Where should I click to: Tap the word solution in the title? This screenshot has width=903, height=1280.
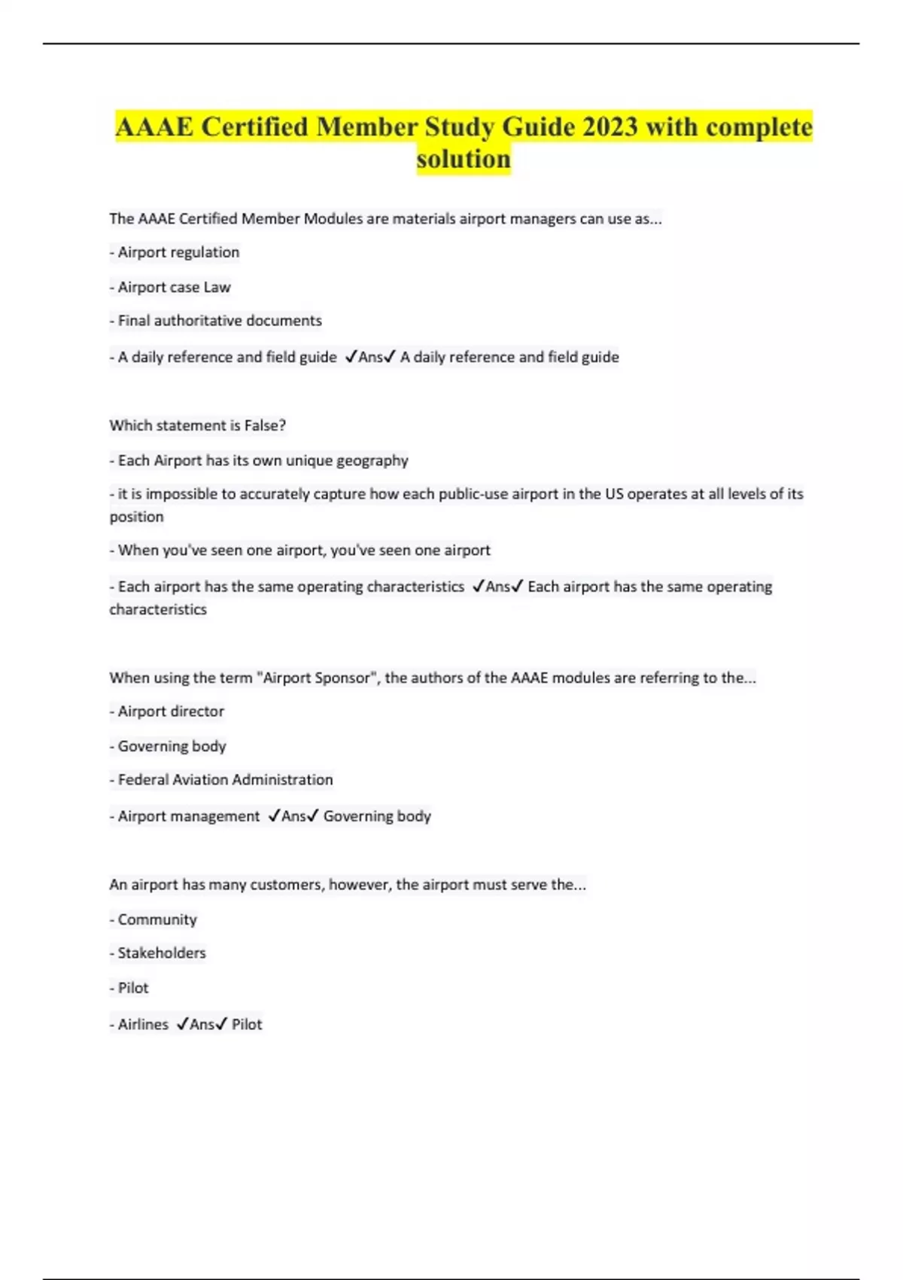pos(464,160)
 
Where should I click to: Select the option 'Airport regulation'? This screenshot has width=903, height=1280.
pos(178,253)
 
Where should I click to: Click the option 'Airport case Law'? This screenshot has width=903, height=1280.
pos(174,288)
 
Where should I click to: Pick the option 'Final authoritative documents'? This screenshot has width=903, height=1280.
pos(220,321)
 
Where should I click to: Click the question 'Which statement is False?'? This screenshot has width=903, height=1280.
pos(197,426)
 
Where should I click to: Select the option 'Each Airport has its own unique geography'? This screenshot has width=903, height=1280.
pos(263,461)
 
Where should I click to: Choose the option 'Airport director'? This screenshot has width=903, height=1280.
pos(171,712)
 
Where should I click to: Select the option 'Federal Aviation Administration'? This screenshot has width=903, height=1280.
pos(225,780)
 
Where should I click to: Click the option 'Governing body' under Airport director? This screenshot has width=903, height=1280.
pos(172,746)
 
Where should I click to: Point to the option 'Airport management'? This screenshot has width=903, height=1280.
pos(188,816)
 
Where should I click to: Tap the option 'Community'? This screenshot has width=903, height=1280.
pos(157,920)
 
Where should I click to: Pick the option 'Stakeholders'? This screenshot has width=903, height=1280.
pos(162,953)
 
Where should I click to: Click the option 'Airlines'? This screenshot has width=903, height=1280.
pos(143,1025)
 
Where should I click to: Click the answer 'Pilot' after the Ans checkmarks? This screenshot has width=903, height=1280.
pos(247,1025)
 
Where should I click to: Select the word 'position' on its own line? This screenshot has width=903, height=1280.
pos(136,517)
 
